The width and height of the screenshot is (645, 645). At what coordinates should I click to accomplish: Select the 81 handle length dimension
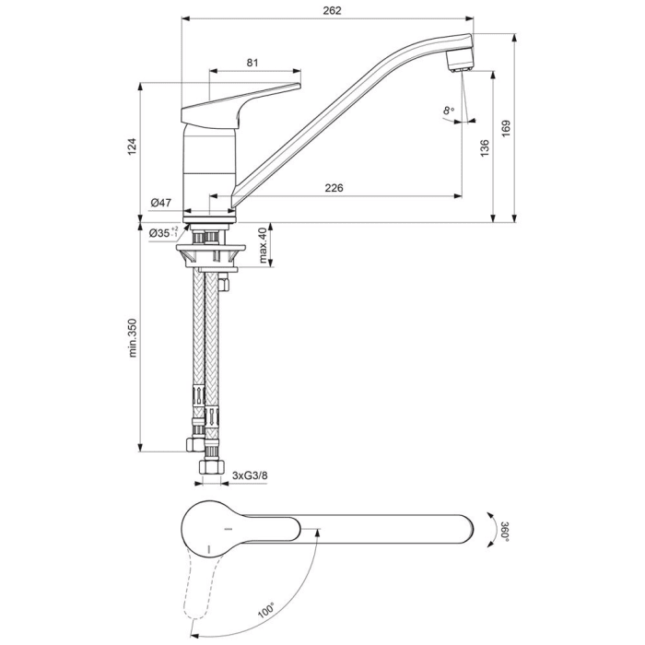[252, 62]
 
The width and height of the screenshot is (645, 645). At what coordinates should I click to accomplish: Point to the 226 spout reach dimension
[334, 188]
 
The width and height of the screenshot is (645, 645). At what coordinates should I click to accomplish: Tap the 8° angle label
[449, 111]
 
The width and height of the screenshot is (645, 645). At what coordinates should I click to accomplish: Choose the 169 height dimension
[505, 131]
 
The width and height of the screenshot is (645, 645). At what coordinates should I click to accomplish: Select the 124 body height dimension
[132, 145]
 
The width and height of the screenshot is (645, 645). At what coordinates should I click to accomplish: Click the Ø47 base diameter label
[161, 203]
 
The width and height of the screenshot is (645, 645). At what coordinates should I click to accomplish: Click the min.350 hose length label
[132, 338]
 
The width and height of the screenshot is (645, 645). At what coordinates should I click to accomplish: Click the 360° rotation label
[504, 532]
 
